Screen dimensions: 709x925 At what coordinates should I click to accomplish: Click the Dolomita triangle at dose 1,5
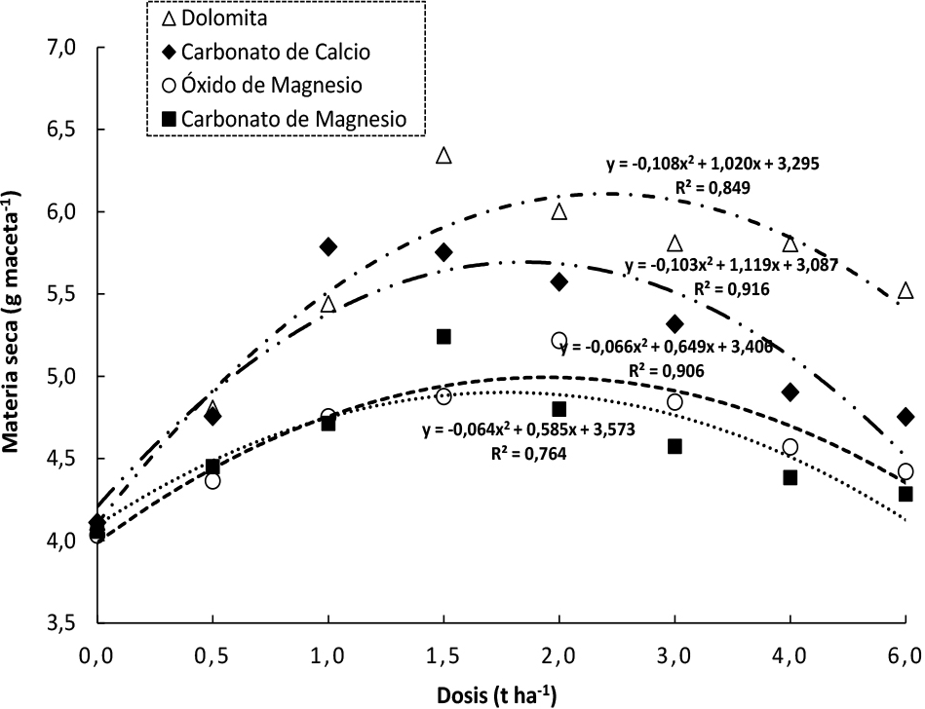pyautogui.click(x=443, y=156)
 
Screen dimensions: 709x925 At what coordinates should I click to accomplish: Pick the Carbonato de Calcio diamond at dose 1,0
pyautogui.click(x=328, y=246)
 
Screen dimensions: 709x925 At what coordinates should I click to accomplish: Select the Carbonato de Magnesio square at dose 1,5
pyautogui.click(x=443, y=336)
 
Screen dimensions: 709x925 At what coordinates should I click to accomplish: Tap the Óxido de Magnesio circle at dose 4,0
pyautogui.click(x=790, y=447)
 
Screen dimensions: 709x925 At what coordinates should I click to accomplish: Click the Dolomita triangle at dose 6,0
pyautogui.click(x=906, y=291)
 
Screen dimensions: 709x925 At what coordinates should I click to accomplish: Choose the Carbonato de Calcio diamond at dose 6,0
pyautogui.click(x=906, y=417)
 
